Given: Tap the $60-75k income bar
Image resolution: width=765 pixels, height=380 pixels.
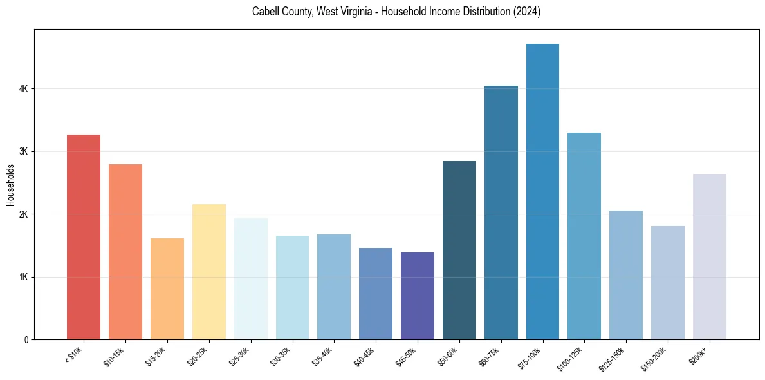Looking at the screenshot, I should [x=501, y=213].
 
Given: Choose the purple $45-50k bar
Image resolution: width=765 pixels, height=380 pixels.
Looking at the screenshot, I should [x=417, y=296].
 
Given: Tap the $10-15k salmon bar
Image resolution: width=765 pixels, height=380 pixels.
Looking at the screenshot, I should [x=125, y=252].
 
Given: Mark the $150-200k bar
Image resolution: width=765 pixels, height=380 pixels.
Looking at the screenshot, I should [x=667, y=283].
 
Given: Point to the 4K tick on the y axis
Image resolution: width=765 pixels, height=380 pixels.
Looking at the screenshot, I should [x=24, y=88].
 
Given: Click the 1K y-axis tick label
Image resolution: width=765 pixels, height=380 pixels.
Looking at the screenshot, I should [x=24, y=277].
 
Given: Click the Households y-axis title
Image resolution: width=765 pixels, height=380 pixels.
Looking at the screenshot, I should [x=10, y=185].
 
